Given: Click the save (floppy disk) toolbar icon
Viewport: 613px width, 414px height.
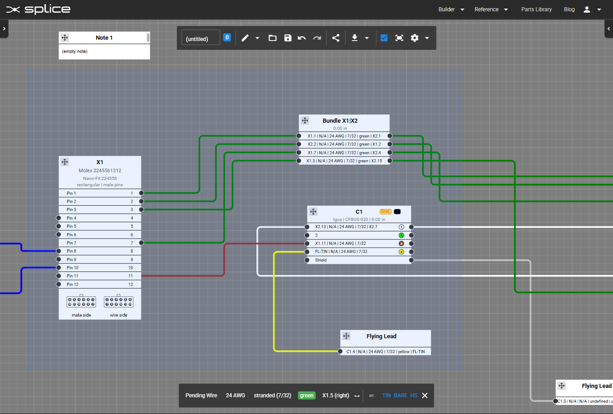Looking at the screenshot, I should [288, 38].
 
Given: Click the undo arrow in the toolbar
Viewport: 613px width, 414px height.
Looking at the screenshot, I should [302, 38].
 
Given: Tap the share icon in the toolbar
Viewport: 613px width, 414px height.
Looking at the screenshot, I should [336, 38].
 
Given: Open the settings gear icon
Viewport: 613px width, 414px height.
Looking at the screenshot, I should [415, 38].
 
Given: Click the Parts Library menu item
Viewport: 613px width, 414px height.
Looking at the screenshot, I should [536, 9].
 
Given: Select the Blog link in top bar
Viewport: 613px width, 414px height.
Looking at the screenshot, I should [569, 9].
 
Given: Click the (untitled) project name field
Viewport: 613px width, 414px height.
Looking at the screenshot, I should [201, 38].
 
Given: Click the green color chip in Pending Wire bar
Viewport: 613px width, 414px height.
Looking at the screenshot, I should [306, 396].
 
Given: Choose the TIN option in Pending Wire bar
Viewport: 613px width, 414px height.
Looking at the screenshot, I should [386, 396].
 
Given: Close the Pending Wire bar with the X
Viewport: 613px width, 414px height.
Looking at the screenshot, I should [425, 396].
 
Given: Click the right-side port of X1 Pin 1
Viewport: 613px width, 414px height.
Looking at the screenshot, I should [141, 193].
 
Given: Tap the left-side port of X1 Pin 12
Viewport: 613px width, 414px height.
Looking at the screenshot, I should [59, 284].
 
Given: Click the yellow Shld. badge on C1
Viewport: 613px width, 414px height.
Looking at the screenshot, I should [385, 212].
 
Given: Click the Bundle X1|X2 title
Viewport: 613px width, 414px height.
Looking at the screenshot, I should [340, 120].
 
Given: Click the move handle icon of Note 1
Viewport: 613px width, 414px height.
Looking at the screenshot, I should [65, 38].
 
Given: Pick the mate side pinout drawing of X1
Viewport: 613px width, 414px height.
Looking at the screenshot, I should [81, 302].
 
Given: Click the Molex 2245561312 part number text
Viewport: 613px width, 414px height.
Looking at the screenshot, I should [100, 170].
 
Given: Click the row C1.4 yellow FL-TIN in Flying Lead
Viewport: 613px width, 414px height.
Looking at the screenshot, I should [385, 351].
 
